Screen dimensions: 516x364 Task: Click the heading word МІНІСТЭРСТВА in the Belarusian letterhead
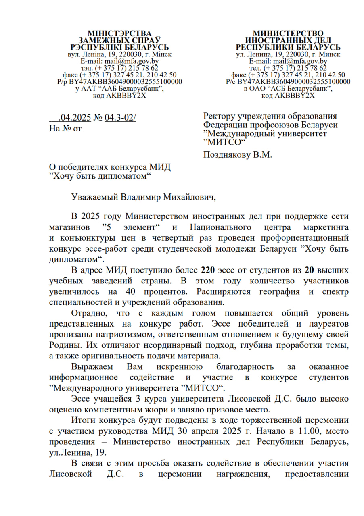pos(120,33)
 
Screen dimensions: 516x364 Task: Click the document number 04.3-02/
pos(120,118)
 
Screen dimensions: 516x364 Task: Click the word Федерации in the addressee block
pos(226,125)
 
